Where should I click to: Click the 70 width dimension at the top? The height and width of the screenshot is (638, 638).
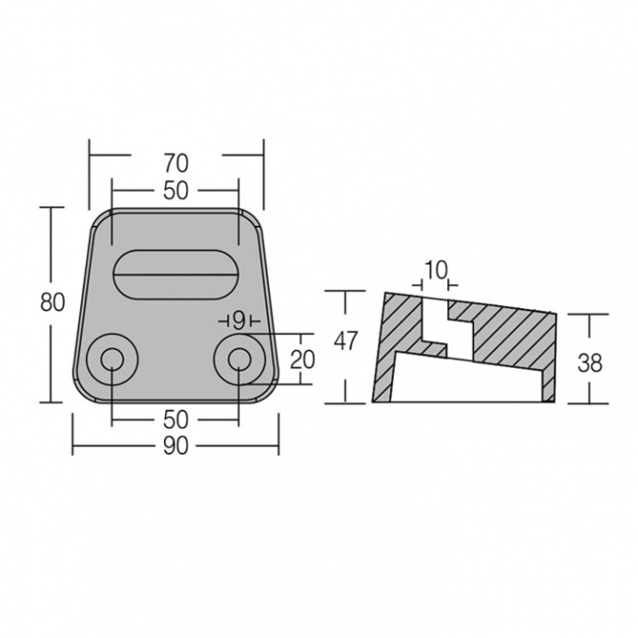pos(176,162)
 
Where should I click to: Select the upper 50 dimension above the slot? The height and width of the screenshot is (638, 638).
pos(176,189)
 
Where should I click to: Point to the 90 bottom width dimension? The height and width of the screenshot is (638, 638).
pos(176,447)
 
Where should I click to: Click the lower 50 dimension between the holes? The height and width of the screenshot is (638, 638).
pos(176,419)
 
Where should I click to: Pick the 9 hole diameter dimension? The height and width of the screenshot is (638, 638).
pos(238,320)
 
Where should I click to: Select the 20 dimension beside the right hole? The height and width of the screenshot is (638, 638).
pos(303,359)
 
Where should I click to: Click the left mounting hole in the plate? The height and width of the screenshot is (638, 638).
pos(112,359)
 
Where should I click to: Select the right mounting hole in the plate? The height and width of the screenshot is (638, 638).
pos(238,359)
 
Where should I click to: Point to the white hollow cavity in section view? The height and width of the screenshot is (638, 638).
pos(461,381)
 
